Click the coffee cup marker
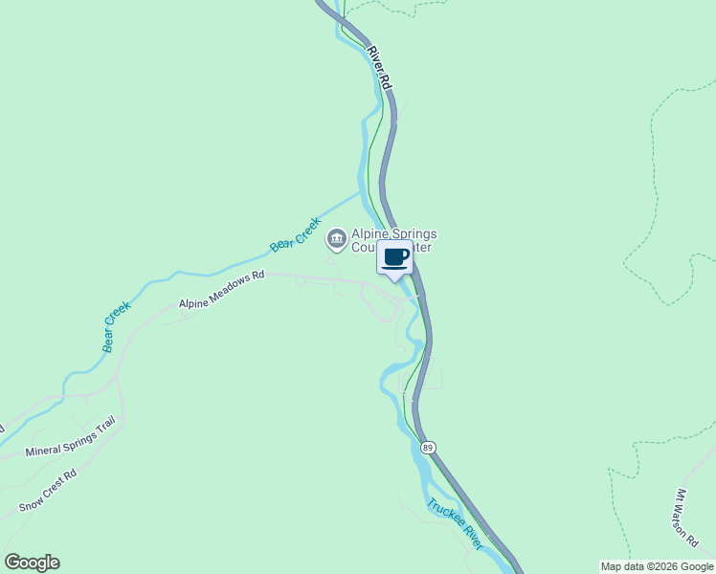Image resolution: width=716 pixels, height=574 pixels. pos(396,257)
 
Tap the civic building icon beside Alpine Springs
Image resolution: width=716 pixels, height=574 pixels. pos(336,237)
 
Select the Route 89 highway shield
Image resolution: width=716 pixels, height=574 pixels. pos(428,447)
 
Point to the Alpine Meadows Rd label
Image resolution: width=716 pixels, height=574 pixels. pos(221,291)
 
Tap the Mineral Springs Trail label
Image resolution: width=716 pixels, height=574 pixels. pos(70,436)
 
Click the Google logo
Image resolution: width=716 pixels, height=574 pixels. pos(32,563)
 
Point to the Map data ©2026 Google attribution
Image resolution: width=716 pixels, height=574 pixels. pos(657,566)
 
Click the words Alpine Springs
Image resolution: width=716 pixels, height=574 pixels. pos(394,232)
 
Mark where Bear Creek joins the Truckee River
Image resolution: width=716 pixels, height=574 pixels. pos(362,191)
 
